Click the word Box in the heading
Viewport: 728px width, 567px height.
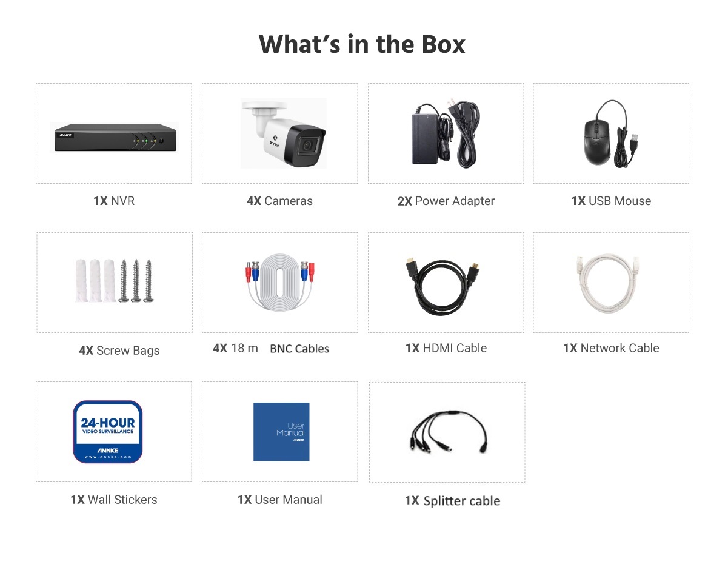pyautogui.click(x=443, y=44)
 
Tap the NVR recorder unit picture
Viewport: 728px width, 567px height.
pyautogui.click(x=115, y=138)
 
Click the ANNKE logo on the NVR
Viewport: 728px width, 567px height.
pyautogui.click(x=65, y=135)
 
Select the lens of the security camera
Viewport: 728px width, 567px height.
pyautogui.click(x=307, y=146)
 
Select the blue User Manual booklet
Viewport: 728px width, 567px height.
pyautogui.click(x=281, y=432)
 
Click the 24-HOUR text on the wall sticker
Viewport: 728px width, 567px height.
pyautogui.click(x=107, y=423)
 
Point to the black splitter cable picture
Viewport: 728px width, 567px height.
pyautogui.click(x=449, y=431)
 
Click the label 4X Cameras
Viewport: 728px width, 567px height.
pyautogui.click(x=279, y=201)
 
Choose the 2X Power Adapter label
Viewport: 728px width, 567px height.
pyautogui.click(x=446, y=201)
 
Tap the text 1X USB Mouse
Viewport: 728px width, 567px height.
pyautogui.click(x=611, y=201)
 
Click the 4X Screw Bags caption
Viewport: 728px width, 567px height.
pyautogui.click(x=119, y=351)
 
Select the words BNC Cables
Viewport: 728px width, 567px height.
pyautogui.click(x=299, y=349)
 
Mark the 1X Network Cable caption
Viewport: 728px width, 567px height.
pyautogui.click(x=611, y=348)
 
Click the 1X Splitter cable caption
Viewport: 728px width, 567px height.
pyautogui.click(x=453, y=501)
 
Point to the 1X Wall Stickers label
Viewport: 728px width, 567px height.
pyautogui.click(x=114, y=500)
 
